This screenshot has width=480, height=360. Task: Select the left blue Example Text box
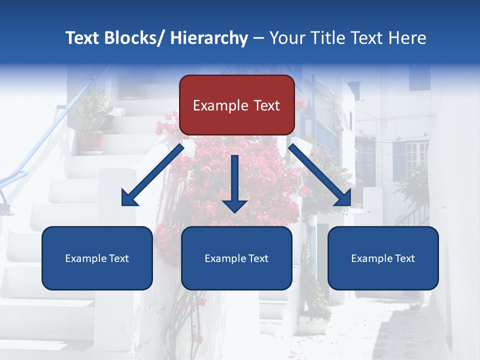click(97, 258)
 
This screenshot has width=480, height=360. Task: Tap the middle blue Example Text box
click(236, 258)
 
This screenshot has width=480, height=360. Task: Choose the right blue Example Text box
click(383, 258)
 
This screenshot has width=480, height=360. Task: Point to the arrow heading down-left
click(152, 175)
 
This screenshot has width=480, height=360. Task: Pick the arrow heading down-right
click(320, 175)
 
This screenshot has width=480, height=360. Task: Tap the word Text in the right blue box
click(403, 258)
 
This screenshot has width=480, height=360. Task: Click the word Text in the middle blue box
click(257, 258)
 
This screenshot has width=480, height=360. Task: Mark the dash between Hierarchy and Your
click(258, 38)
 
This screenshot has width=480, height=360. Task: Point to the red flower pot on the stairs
click(90, 141)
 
